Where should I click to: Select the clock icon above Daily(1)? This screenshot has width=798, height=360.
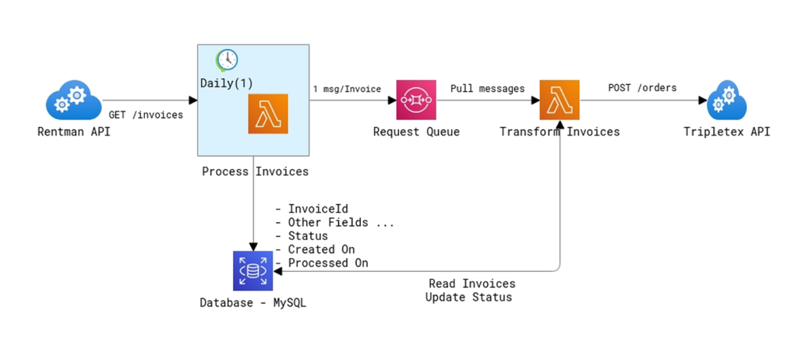pos(227,59)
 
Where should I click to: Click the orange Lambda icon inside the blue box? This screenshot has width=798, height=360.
pos(267,114)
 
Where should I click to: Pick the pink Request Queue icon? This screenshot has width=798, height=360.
pos(415,100)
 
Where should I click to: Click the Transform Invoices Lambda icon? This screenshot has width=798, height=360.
pos(560,100)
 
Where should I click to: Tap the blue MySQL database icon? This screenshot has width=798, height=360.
pos(252,271)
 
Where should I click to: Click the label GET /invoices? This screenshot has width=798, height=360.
pos(146,115)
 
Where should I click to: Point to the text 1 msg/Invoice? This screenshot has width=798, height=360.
pos(347,89)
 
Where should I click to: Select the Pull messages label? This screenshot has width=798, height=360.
pos(487,89)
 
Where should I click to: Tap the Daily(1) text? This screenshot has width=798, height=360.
pos(226,83)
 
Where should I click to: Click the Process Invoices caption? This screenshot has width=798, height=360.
pos(255,171)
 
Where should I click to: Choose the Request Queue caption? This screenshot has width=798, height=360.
pos(416,132)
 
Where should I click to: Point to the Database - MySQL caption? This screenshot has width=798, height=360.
pos(252,302)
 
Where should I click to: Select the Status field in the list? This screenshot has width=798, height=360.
pos(308,236)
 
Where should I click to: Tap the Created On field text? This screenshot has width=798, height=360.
pos(321,249)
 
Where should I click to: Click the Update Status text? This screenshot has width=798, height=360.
pos(468,298)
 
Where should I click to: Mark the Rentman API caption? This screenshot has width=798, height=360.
pos(74,132)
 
